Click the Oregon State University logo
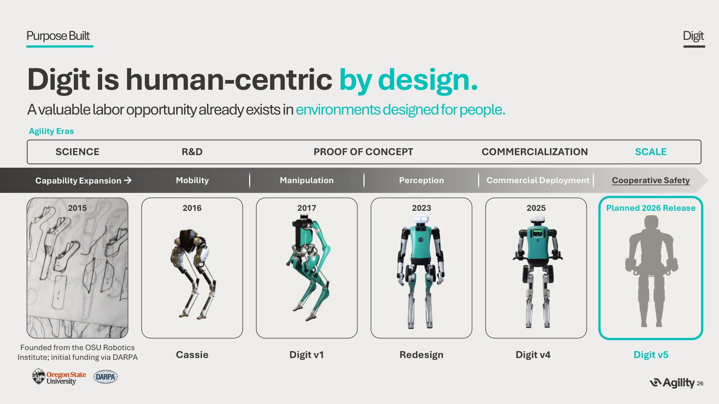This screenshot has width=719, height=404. click(59, 377)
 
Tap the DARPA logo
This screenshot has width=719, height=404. click(106, 377)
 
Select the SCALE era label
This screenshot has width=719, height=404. click(651, 152)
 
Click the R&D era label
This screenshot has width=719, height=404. click(192, 152)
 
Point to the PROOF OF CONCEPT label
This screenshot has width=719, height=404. click(363, 152)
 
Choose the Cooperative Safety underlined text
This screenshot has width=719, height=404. click(651, 180)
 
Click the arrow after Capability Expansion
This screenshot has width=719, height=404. click(128, 180)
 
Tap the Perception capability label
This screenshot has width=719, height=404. click(421, 180)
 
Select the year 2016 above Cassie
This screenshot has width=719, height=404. click(192, 208)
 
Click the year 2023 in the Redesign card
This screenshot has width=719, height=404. click(421, 208)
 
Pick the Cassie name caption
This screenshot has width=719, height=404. click(192, 355)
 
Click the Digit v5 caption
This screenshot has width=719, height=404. click(651, 355)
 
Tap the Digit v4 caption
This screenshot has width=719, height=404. click(533, 355)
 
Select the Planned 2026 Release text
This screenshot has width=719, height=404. click(651, 208)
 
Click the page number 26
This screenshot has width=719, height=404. click(700, 384)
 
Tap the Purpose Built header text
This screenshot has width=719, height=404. click(58, 36)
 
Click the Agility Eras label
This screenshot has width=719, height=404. click(51, 131)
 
